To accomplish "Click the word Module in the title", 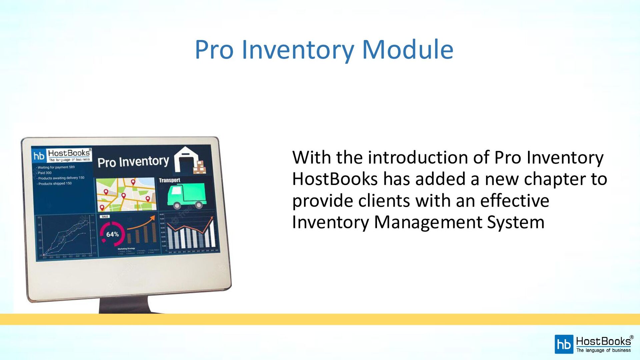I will [407, 50].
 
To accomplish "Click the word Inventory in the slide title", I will [297, 50].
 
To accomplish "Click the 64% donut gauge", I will [112, 234].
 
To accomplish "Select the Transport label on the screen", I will [169, 180].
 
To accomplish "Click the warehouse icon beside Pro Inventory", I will [189, 160].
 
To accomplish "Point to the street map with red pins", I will [126, 194].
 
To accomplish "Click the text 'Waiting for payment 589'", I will [56, 167].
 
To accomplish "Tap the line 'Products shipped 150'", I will [55, 184].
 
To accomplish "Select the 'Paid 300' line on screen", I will [45, 173].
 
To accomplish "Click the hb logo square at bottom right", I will [564, 344].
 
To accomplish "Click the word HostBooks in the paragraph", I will [335, 179].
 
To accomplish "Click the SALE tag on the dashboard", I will [105, 217].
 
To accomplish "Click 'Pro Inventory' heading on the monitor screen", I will [133, 162].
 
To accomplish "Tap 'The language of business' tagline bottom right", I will [603, 350].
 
